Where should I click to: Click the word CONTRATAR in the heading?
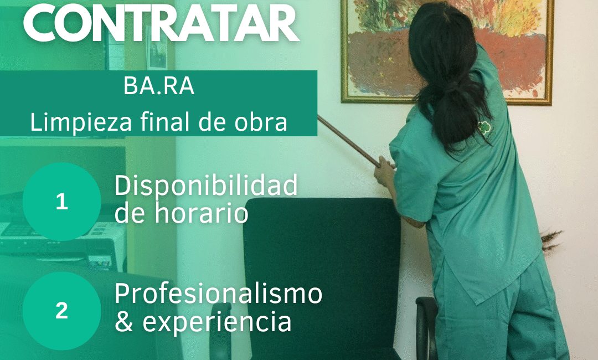161,22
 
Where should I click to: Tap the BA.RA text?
159,86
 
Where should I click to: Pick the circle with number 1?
62,202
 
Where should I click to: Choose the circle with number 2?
62,311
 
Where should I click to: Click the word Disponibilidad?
206,186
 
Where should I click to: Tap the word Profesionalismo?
219,293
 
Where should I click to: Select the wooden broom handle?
349,141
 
